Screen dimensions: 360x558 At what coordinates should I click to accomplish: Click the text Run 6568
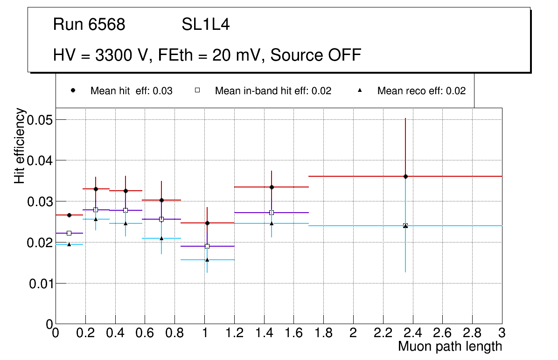[89, 25]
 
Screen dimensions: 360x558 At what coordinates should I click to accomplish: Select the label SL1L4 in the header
[205, 25]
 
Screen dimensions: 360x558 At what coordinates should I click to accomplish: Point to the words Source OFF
[316, 55]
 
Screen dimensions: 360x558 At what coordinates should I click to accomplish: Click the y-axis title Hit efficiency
[20, 145]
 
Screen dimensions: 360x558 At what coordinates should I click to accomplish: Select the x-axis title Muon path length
[450, 346]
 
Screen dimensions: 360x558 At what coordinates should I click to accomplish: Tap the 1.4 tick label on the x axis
[264, 333]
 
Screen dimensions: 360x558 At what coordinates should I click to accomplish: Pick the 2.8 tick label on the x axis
[472, 333]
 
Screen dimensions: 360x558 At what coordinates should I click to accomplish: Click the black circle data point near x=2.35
[405, 176]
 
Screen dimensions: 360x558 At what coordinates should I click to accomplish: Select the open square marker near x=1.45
[272, 213]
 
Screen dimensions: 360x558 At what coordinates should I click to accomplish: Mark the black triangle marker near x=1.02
[207, 259]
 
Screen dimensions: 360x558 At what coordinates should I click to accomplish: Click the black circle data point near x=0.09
[69, 215]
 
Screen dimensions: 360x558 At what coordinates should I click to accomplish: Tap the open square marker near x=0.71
[161, 219]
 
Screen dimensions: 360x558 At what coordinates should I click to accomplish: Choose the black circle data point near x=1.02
[207, 223]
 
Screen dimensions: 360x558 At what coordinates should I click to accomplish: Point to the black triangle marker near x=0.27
[96, 219]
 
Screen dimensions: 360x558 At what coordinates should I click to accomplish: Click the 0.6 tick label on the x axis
[145, 333]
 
